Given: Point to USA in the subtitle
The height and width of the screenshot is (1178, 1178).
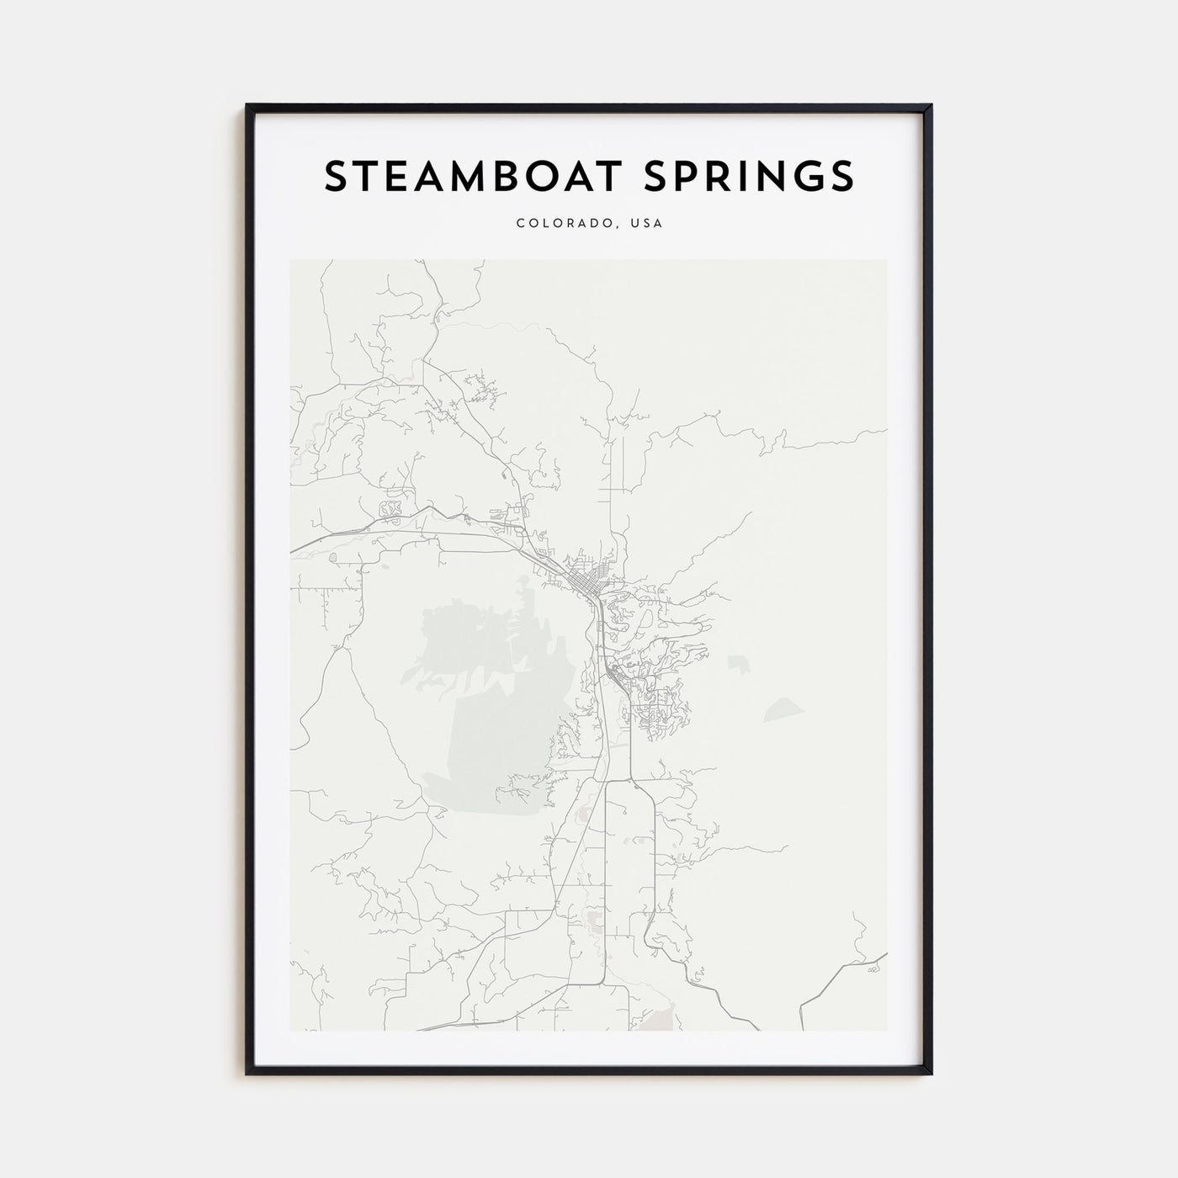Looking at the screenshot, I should coord(649,224).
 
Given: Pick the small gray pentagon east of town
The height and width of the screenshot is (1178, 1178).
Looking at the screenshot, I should coord(739,664).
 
